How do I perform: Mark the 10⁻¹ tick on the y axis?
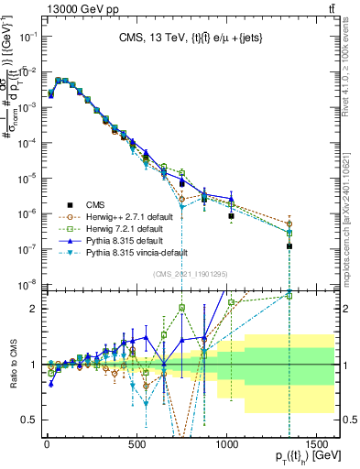click(27, 36)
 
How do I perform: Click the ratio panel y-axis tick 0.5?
click(29, 420)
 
